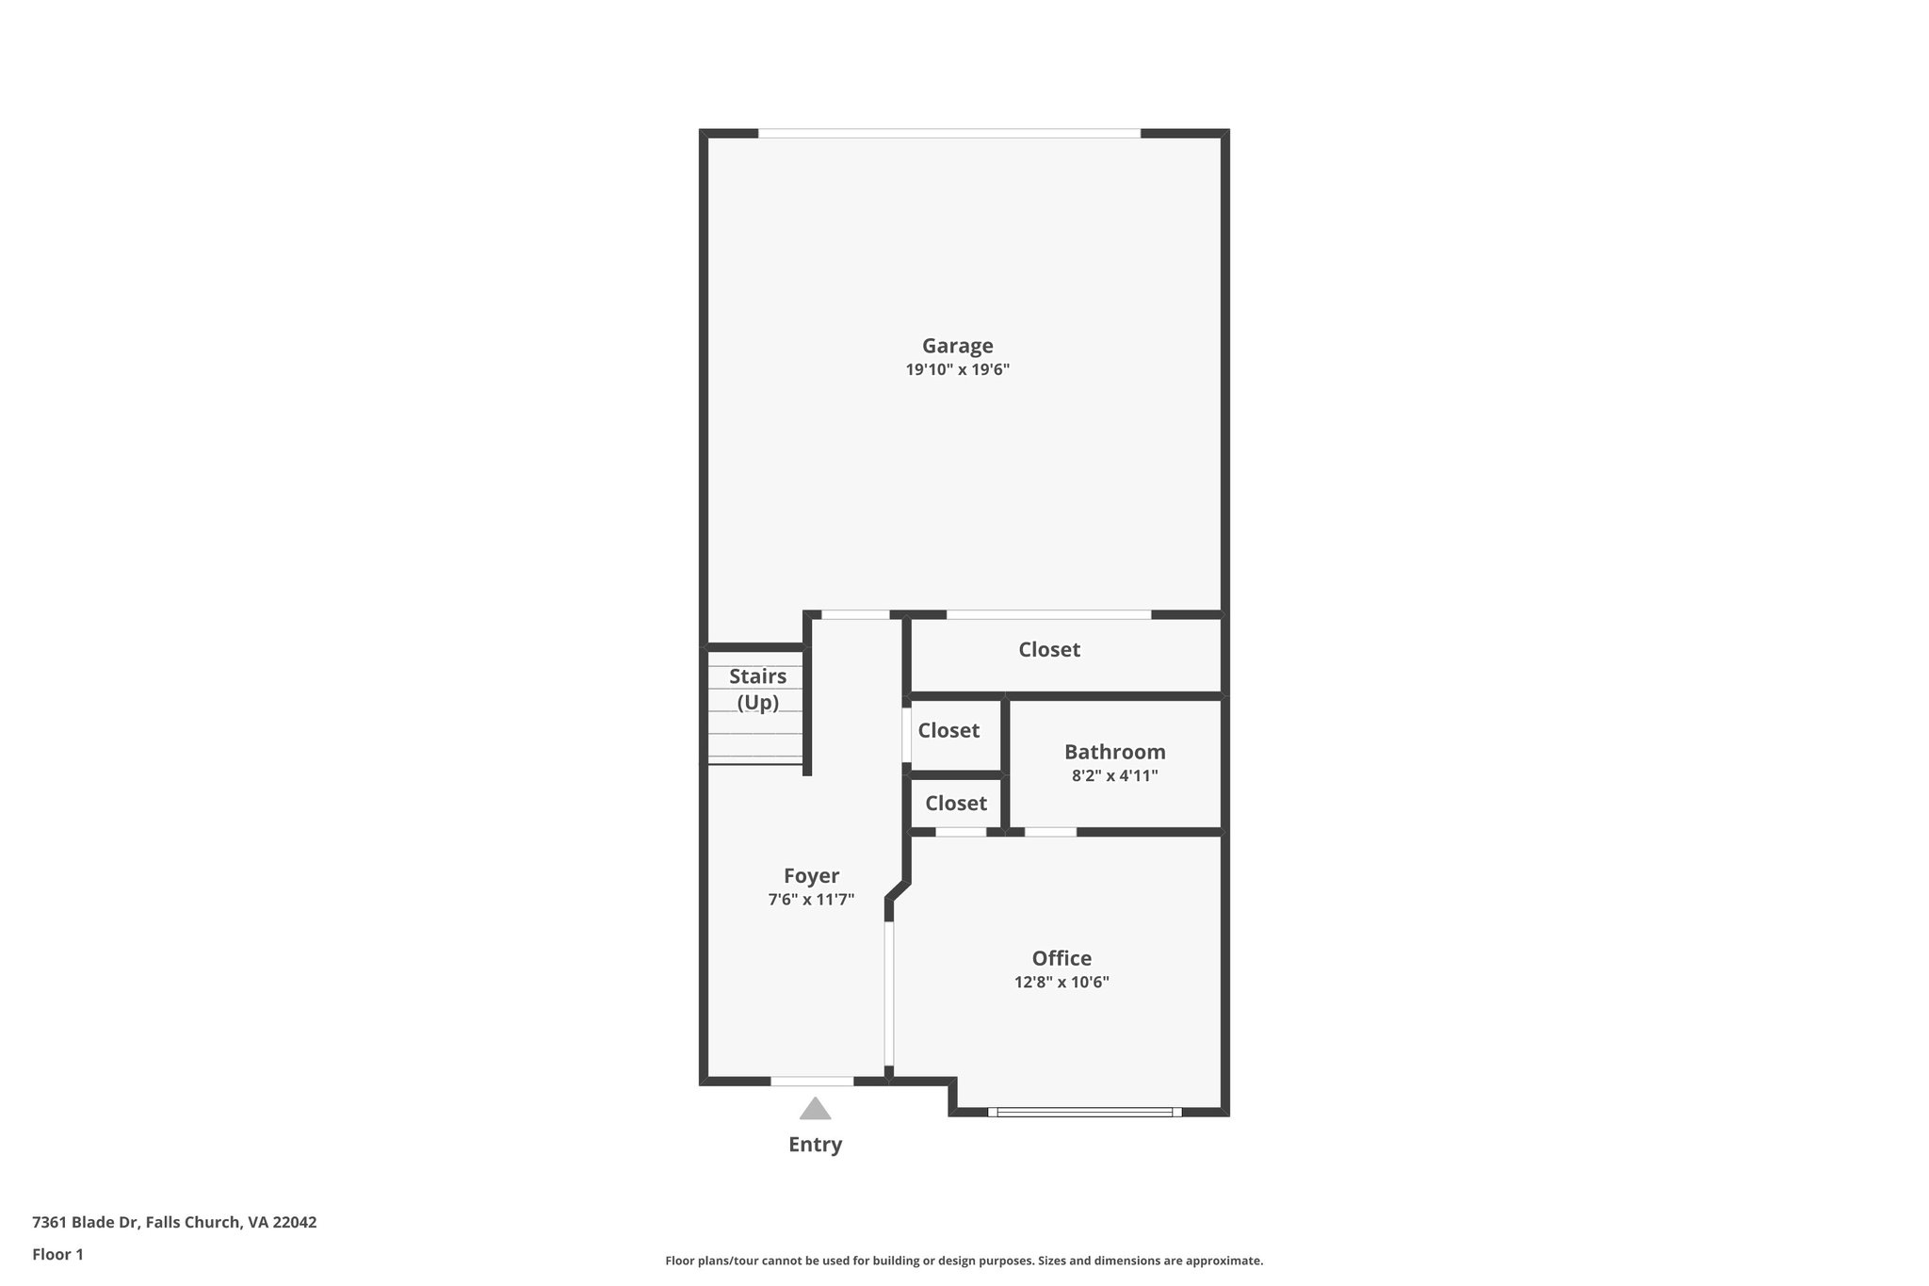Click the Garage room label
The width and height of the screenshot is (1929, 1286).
point(957,347)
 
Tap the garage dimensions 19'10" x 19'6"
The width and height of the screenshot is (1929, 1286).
point(957,370)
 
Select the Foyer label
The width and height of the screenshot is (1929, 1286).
point(811,876)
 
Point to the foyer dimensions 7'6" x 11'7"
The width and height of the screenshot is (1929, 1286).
point(811,900)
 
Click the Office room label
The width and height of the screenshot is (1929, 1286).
point(1062,958)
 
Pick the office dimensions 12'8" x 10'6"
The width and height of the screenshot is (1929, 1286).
point(1062,982)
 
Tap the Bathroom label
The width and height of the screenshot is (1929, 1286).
point(1114,752)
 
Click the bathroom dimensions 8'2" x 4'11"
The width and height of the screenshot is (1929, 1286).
point(1114,776)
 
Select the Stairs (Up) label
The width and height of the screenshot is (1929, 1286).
point(757,689)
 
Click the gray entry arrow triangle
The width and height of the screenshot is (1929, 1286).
point(815,1109)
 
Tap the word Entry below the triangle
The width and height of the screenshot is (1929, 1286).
point(815,1145)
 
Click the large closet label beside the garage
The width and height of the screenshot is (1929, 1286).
point(1049,649)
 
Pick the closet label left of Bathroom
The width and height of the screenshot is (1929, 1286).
point(948,730)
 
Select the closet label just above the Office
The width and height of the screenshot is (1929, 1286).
point(955,803)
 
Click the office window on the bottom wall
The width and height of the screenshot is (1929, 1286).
point(1085,1112)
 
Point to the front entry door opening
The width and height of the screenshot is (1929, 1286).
point(812,1081)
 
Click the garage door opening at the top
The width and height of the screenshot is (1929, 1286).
point(949,134)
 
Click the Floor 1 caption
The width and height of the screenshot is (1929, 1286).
point(57,1255)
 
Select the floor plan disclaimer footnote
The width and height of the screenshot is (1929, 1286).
point(964,1261)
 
